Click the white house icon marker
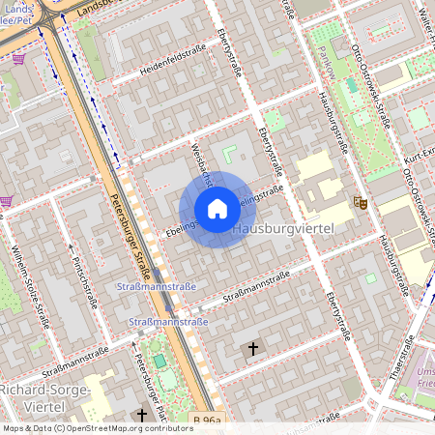[217, 209]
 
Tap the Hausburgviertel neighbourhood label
[284, 228]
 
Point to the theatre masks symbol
[361, 202]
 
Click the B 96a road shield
[207, 420]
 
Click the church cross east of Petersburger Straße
[254, 348]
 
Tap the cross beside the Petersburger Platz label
[142, 415]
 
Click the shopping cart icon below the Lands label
[18, 58]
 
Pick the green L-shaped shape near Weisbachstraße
[230, 152]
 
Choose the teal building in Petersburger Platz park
[159, 361]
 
